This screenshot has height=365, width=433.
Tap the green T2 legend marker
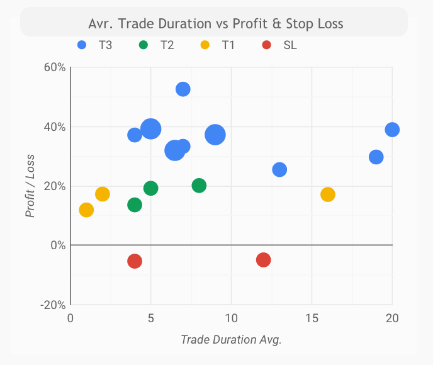143,45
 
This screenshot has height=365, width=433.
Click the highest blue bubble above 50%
183,89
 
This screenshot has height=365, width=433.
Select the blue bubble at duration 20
392,130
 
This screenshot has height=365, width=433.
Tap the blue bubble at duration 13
279,169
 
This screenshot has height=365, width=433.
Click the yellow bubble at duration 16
328,194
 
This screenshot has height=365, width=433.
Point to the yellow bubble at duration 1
86,210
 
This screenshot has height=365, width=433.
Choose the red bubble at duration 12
264,260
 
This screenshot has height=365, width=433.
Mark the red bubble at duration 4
135,261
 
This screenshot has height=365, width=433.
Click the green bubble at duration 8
200,186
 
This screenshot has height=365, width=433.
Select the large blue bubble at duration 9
215,135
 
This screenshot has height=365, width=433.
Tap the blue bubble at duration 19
376,157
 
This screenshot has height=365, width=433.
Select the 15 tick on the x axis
312,318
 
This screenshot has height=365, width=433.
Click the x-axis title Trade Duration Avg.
231,340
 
